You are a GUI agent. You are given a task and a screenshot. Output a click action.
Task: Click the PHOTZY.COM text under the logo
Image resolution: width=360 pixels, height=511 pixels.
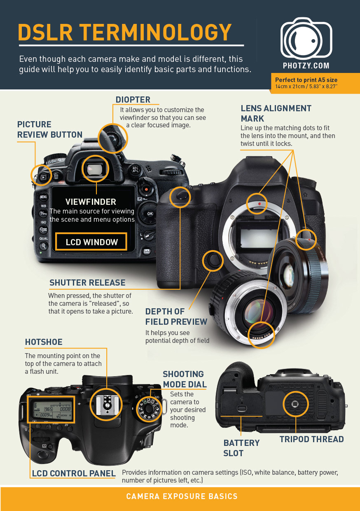coord(306,66)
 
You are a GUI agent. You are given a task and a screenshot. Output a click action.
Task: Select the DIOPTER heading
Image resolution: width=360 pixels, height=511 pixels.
coord(133,100)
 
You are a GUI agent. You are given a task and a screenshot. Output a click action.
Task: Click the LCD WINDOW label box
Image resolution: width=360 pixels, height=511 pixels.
coord(91,242)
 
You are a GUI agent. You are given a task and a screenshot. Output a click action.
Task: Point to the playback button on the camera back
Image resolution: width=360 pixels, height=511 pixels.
coord(43,177)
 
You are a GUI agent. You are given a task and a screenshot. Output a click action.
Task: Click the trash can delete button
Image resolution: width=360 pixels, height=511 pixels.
coord(56,176)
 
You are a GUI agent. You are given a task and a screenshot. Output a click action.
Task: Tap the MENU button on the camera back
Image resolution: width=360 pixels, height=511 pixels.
coord(43,197)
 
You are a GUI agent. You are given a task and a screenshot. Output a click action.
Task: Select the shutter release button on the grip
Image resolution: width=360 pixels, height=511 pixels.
coord(181,196)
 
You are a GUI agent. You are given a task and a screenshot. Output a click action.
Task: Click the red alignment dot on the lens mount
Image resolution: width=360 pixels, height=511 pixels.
coord(259,204)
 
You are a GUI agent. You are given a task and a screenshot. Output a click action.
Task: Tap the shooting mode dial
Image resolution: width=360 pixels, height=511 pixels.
coord(149,408)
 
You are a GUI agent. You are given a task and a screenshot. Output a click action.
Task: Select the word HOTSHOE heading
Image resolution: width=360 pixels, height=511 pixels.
coord(44,342)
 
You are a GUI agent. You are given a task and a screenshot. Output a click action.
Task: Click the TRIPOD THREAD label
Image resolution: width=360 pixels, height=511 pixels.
coord(311,439)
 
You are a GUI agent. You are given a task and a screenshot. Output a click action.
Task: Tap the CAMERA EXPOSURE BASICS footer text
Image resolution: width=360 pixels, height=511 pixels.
coord(182,497)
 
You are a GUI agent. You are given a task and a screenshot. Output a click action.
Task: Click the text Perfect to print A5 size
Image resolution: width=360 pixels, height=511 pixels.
coord(306,80)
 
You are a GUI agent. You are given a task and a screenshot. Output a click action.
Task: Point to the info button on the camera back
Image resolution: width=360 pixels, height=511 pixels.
coord(147,251)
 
